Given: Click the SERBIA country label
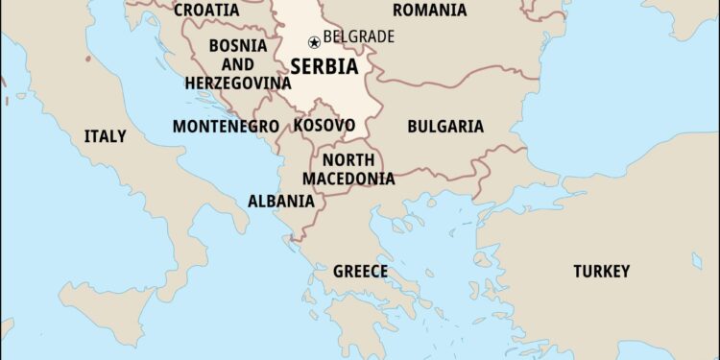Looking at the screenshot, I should point(324,67).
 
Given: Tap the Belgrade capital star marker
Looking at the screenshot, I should point(313,42).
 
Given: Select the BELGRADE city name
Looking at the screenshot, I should point(358,37).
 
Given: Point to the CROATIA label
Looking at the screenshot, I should point(206,10).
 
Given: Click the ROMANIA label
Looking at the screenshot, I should point(430,10).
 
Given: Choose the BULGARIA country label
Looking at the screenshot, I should point(445,126).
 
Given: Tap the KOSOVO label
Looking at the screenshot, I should point(324,125).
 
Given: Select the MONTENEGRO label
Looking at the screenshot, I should point(226,126).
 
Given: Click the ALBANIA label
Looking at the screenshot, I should point(280,201).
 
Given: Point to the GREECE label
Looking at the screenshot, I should point(360,272).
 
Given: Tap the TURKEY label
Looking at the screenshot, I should point(601,271).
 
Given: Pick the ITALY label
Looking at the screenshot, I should point(105,135).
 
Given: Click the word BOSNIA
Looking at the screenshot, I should point(237,45).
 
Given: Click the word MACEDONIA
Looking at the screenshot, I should point(348,179).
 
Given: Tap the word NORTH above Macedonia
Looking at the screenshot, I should point(348,160).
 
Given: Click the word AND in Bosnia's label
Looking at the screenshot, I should point(236,64).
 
